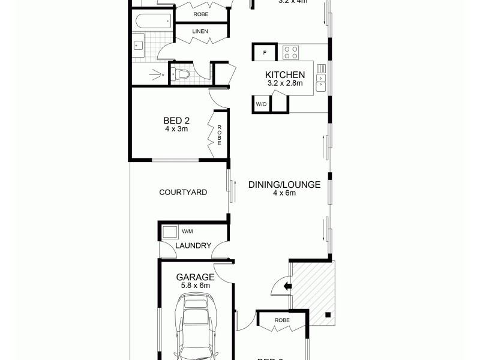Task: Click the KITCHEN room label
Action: (286, 75)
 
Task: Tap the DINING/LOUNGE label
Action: (284, 184)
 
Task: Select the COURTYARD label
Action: (183, 193)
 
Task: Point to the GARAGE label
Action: (195, 277)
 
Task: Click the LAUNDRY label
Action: (193, 245)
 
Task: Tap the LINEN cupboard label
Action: (200, 31)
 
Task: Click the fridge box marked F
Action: (265, 52)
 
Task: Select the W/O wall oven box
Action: (261, 104)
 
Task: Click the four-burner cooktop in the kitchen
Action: (291, 52)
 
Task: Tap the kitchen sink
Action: (321, 76)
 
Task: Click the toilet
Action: (182, 74)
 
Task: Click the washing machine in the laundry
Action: (170, 231)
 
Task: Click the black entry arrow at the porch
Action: (287, 286)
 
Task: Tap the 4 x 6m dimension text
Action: (284, 193)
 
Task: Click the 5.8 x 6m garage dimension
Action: (195, 286)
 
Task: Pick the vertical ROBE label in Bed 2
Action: (220, 136)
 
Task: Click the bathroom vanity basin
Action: (138, 44)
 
